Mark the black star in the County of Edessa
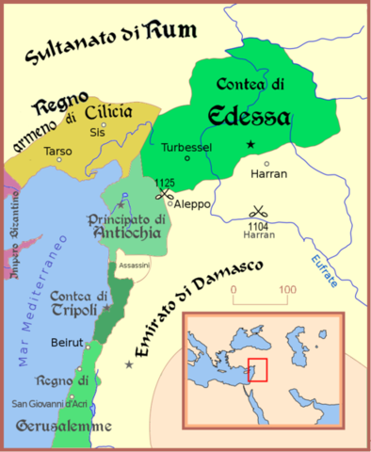coord(250,144)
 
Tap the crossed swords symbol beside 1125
coord(166,196)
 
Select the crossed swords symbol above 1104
coord(256,213)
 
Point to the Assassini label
coord(135,266)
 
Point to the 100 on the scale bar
coord(286,290)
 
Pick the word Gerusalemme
coord(63,426)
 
